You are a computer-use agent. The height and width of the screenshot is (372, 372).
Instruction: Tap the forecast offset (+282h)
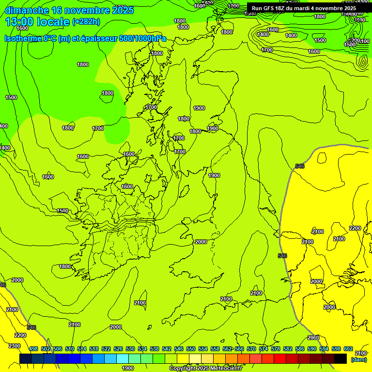[86, 22]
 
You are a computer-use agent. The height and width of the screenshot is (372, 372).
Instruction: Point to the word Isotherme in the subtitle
[22, 39]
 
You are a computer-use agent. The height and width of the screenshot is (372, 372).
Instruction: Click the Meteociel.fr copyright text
[205, 368]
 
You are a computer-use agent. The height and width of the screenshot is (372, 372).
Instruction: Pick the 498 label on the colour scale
[33, 349]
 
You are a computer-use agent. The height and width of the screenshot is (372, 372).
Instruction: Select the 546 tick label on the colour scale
[179, 349]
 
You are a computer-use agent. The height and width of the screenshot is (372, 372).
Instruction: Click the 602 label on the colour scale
[348, 349]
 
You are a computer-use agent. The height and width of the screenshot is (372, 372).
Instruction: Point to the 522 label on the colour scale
[106, 349]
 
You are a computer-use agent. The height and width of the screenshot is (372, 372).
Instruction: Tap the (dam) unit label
[358, 359]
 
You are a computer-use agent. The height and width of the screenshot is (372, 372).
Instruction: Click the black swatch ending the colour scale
[341, 358]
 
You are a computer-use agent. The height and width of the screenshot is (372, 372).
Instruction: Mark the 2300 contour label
[15, 346]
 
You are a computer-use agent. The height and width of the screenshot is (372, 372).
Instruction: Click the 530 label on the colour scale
[130, 349]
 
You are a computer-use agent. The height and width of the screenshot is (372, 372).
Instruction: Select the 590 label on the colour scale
[312, 349]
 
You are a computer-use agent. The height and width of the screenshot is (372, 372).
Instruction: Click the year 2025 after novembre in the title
[122, 10]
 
